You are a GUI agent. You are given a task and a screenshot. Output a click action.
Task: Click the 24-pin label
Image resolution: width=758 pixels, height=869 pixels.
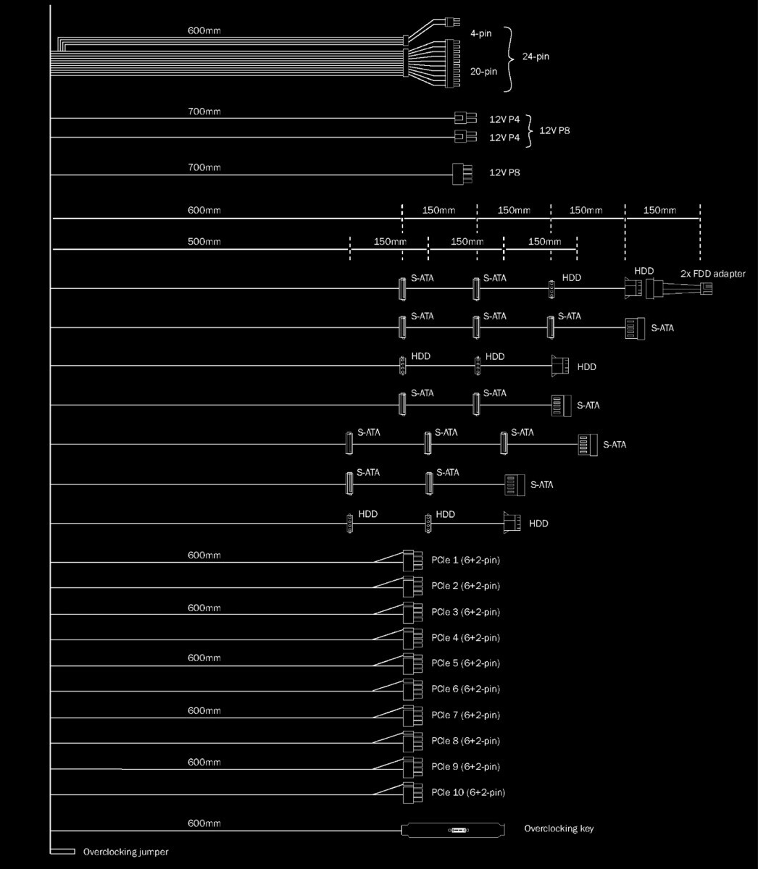(x=536, y=56)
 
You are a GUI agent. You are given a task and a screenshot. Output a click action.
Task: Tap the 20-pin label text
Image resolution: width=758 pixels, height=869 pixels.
(x=483, y=71)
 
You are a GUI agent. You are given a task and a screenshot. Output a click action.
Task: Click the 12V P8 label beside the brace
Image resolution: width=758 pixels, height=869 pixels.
(x=554, y=131)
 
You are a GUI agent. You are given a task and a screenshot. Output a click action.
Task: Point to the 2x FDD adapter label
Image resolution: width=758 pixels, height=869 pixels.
(x=712, y=274)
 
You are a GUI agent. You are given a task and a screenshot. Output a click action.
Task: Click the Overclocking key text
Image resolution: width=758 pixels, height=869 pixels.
(x=559, y=828)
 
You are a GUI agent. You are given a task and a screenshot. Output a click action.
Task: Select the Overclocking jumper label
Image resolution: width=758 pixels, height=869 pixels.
(x=126, y=852)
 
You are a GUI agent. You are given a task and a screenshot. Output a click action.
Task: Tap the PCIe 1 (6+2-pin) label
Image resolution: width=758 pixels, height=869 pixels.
(x=465, y=560)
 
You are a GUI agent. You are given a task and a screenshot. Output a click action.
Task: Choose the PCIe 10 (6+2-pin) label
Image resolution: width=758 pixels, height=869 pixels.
(x=468, y=792)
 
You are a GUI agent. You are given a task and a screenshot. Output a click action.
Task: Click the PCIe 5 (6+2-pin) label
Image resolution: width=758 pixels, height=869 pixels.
(x=465, y=663)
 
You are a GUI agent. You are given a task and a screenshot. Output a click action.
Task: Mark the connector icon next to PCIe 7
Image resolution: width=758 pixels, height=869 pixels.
(x=412, y=715)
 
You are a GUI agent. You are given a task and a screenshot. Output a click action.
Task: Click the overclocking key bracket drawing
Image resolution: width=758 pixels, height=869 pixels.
(x=454, y=830)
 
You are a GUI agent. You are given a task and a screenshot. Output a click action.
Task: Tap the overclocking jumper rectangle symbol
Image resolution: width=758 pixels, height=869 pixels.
(x=62, y=852)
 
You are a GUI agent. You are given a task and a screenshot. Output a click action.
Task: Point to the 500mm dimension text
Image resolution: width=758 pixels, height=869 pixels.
(x=204, y=242)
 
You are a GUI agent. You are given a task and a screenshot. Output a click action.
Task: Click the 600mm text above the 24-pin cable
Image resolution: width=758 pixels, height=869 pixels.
(x=204, y=30)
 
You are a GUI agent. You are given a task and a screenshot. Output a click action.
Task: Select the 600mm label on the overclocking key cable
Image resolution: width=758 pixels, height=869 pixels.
(x=204, y=823)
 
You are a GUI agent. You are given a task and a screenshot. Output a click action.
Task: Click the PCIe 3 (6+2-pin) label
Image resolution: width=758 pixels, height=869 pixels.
(x=465, y=612)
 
